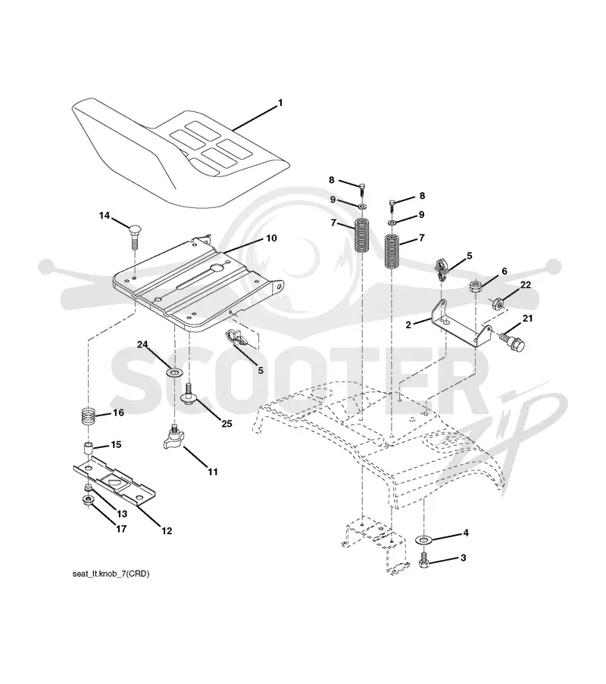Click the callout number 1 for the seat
pos(280,103)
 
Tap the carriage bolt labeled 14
pos(135,235)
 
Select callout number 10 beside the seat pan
pos(271,238)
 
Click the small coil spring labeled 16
pos(89,416)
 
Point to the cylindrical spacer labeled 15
pos(89,449)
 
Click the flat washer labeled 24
pos(175,373)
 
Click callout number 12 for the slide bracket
pos(167,531)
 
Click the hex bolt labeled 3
pos(423,559)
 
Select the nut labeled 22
pos(496,303)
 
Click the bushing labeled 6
pos(476,287)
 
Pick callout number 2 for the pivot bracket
pos(408,325)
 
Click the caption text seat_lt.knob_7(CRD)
pos(111,574)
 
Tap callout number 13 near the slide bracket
pos(122,514)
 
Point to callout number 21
pos(527,319)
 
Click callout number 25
pos(226,424)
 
